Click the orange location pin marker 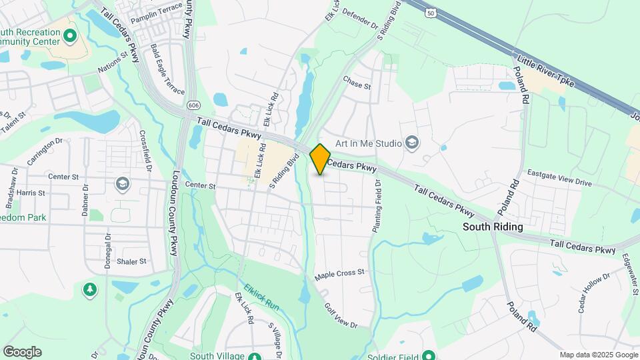(x=320, y=159)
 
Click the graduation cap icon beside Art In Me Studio (x=413, y=143)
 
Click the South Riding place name (x=493, y=227)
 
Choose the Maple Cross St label (x=340, y=273)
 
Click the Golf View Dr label (x=341, y=316)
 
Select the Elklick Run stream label (x=261, y=298)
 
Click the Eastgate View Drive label (x=559, y=182)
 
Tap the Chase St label (x=356, y=85)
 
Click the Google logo (x=22, y=352)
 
